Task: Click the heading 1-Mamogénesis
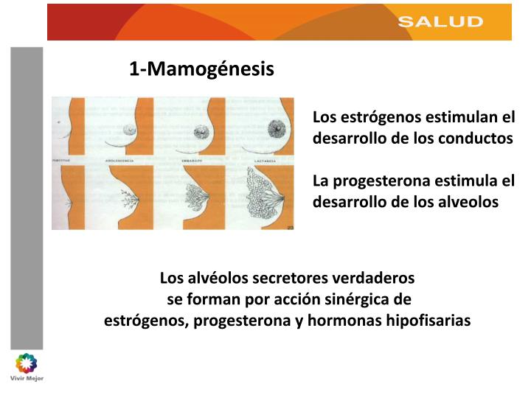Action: click(x=201, y=69)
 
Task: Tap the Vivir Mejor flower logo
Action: click(x=26, y=363)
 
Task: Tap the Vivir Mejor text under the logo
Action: click(x=26, y=379)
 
